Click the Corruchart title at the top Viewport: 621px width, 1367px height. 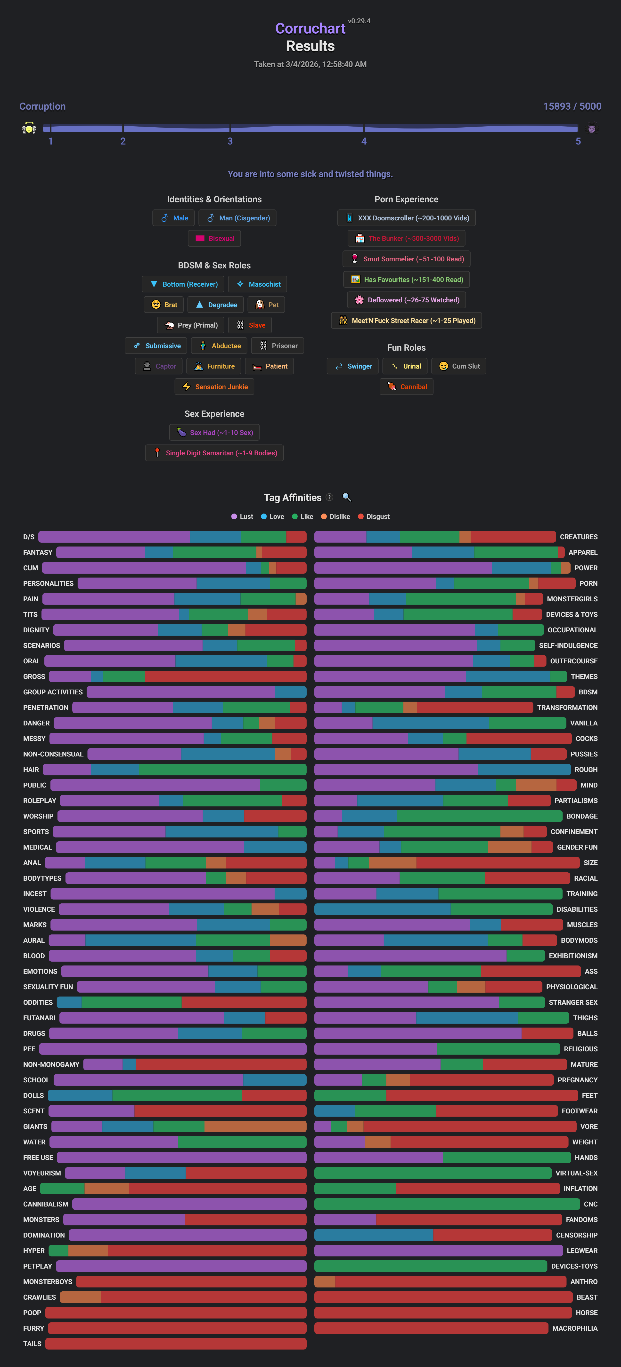[x=310, y=29]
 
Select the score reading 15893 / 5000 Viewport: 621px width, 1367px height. [x=572, y=106]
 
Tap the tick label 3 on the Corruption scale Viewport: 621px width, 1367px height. [x=230, y=141]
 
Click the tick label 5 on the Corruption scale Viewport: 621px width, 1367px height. [x=578, y=141]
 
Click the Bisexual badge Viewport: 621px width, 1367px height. [x=214, y=238]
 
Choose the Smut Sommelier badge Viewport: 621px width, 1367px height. [x=407, y=259]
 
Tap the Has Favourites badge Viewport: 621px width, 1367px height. [x=407, y=280]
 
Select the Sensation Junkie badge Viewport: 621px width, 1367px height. [x=214, y=387]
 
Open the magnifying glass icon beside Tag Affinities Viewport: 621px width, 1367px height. [x=347, y=497]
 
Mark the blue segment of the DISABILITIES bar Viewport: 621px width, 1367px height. [x=382, y=909]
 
